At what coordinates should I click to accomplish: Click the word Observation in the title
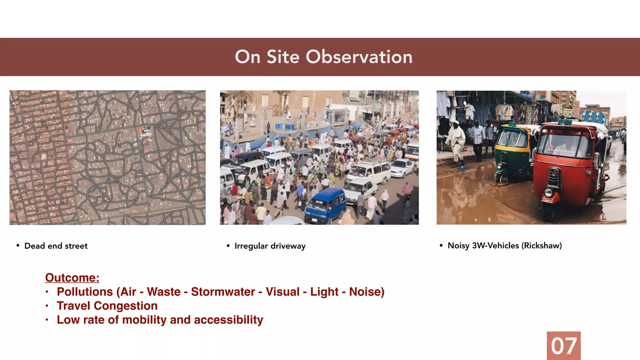359,57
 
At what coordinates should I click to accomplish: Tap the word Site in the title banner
283,57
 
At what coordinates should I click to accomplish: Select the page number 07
563,346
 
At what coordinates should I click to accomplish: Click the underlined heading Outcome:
72,277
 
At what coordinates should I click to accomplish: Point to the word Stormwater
223,292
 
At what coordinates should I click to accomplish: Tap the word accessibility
228,320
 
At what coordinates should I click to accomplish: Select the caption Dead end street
56,246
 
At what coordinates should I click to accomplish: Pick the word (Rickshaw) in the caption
542,246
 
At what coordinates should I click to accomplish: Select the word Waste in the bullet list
164,292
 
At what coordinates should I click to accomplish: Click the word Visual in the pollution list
282,292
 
